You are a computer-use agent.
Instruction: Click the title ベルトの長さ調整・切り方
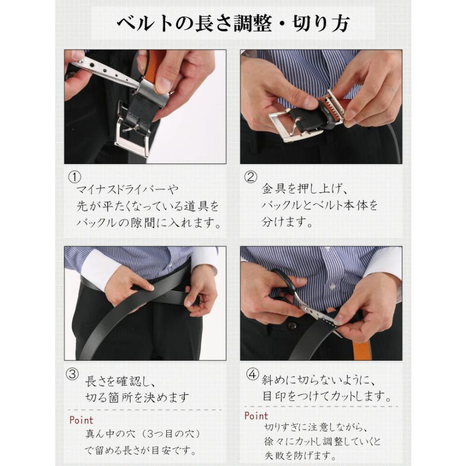point(232,23)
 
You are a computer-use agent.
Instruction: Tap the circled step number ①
point(75,177)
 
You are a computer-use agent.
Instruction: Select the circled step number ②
point(251,177)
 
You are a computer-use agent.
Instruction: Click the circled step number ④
point(252,374)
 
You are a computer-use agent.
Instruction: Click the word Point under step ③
point(81,419)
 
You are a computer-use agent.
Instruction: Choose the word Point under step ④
point(256,415)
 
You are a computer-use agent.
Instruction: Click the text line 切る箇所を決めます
point(137,398)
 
